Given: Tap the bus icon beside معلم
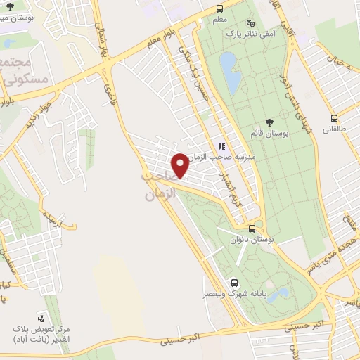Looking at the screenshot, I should (220, 9).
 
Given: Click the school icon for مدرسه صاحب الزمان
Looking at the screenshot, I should (221, 146).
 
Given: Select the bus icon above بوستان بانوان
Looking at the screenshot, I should (252, 229).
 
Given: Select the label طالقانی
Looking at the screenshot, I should (337, 130).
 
